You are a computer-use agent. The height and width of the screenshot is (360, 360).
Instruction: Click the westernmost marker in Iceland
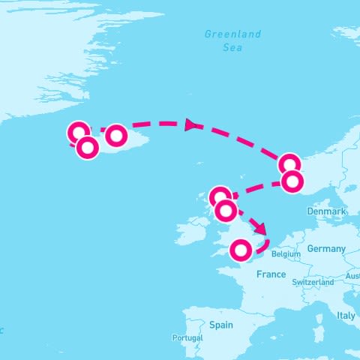[78, 133]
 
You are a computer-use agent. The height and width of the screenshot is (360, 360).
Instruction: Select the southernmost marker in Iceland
[88, 148]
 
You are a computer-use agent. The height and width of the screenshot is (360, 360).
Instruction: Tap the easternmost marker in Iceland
[116, 136]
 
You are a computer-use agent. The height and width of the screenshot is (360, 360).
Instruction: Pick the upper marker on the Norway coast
[289, 164]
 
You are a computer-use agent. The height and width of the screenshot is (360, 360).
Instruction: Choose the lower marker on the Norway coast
[292, 181]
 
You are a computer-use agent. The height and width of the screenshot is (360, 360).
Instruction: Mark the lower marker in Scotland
[226, 211]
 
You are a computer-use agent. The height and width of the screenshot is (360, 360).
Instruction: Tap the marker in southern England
[241, 250]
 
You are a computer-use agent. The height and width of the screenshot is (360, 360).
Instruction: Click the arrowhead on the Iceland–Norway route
[191, 124]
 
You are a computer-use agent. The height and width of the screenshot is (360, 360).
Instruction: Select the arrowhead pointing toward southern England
[259, 228]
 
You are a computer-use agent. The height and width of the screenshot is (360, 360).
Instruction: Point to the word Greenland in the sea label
[233, 34]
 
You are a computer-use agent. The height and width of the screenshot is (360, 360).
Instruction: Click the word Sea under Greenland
[233, 47]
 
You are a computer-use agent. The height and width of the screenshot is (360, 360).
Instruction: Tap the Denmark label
[326, 212]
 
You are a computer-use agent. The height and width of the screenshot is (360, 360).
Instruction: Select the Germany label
[326, 249]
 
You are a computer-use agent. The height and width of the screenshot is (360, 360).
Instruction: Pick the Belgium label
[286, 254]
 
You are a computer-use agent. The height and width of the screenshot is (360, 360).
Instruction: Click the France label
[271, 274]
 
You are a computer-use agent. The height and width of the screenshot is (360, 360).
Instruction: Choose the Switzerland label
[313, 282]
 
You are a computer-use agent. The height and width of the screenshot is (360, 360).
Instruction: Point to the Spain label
[221, 325]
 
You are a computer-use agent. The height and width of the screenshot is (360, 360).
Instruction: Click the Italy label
[346, 316]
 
